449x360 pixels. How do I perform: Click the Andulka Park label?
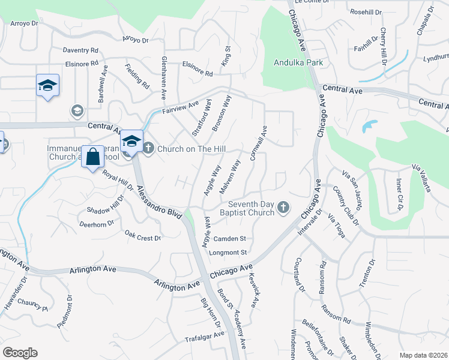[x=298, y=62]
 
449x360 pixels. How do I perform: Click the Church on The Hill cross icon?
[x=148, y=148]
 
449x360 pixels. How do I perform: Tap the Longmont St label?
[x=228, y=253]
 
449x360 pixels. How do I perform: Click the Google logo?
[x=20, y=353]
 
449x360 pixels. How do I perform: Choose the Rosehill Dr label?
[x=366, y=12]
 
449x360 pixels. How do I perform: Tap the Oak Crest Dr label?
[x=142, y=235]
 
